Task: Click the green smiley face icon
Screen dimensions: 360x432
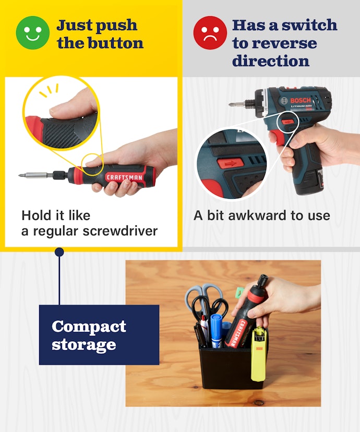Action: click(x=33, y=33)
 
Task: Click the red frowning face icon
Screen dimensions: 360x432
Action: click(x=210, y=33)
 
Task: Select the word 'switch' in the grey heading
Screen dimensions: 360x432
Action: click(x=309, y=25)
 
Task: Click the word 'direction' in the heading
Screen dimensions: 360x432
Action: click(x=271, y=61)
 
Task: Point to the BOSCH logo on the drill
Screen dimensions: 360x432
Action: click(x=300, y=100)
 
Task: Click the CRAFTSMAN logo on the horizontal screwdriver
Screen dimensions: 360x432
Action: click(x=125, y=177)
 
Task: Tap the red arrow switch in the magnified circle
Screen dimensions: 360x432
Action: click(x=231, y=163)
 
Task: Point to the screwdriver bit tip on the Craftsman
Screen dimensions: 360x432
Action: click(x=21, y=175)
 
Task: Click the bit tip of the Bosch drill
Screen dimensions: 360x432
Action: click(x=231, y=104)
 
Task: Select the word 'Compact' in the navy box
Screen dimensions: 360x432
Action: click(x=89, y=327)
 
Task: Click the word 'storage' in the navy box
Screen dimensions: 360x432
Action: click(x=83, y=345)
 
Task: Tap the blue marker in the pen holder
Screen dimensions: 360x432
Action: click(x=217, y=331)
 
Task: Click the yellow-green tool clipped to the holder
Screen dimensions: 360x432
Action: click(x=258, y=355)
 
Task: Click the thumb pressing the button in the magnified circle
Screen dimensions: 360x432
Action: click(x=72, y=105)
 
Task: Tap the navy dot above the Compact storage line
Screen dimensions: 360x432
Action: click(x=59, y=252)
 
